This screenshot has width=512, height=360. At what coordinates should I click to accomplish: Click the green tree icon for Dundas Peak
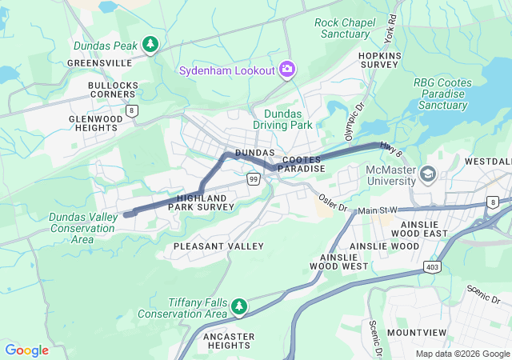[150, 45]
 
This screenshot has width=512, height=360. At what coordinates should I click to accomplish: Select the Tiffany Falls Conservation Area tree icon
[238, 306]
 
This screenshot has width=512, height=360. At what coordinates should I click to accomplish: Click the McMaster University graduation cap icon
[428, 174]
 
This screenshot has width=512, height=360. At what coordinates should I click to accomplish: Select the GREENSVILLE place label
[99, 62]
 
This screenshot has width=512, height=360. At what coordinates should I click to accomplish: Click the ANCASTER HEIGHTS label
[229, 342]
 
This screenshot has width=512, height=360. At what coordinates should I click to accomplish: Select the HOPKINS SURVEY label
[379, 61]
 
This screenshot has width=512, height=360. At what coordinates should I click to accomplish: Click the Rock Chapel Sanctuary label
[346, 28]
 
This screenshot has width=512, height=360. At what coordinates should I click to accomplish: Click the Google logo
[27, 350]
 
